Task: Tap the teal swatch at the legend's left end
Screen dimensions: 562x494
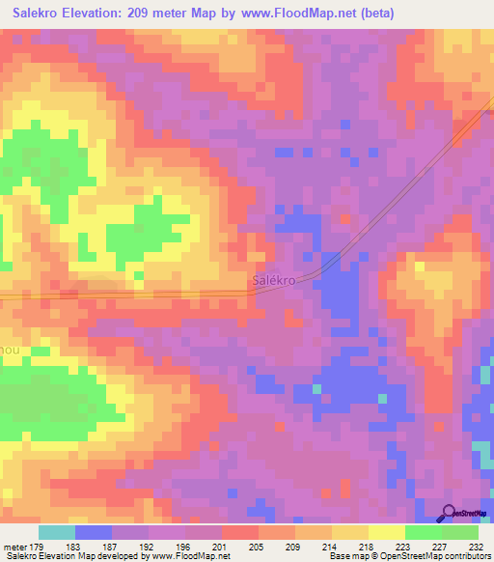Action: pyautogui.click(x=57, y=532)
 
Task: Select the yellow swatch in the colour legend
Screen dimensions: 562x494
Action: pyautogui.click(x=386, y=532)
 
